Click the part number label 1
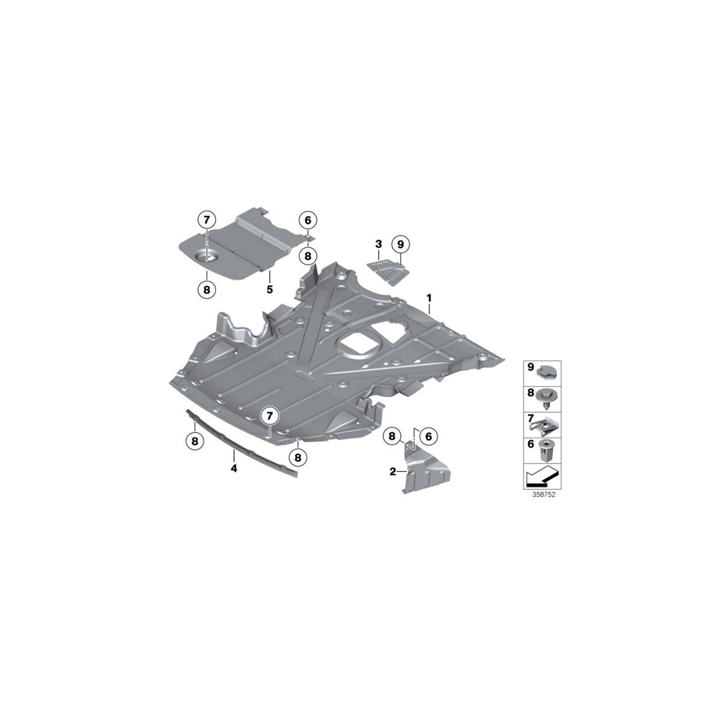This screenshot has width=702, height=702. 428,298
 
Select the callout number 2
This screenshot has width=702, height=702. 392,470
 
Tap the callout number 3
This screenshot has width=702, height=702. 378,244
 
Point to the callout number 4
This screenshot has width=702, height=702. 232,468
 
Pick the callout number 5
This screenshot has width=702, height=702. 269,289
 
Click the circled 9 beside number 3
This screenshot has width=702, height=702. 401,244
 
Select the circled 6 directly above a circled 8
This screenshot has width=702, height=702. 308,221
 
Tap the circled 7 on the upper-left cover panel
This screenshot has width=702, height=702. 206,221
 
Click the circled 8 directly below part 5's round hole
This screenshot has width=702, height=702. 206,289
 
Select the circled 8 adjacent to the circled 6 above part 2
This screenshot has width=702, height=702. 393,437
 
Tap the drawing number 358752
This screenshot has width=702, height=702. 543,495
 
